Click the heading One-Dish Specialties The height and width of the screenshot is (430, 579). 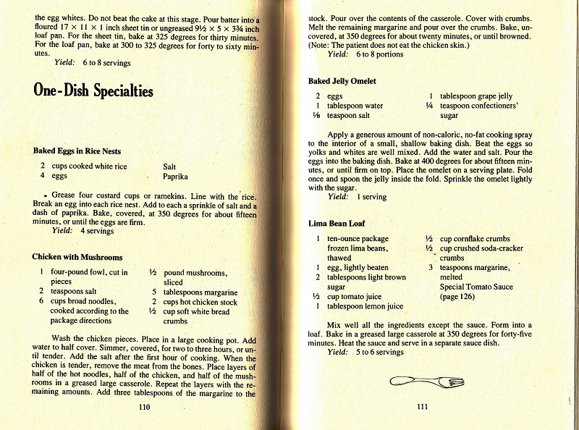(x=93, y=90)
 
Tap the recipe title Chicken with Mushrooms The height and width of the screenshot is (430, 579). (x=77, y=257)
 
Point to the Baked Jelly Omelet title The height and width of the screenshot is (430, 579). (x=341, y=81)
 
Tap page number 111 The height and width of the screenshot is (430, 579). (x=423, y=407)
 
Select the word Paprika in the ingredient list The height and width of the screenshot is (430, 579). (x=176, y=176)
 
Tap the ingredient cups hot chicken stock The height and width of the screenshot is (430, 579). (x=200, y=302)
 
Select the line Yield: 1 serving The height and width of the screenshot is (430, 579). (x=357, y=196)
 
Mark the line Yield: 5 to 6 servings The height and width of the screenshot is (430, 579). (x=365, y=352)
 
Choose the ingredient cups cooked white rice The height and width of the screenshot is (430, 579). (x=82, y=166)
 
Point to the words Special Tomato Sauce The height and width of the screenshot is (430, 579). (x=476, y=287)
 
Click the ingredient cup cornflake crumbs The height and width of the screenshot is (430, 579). (x=474, y=239)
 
